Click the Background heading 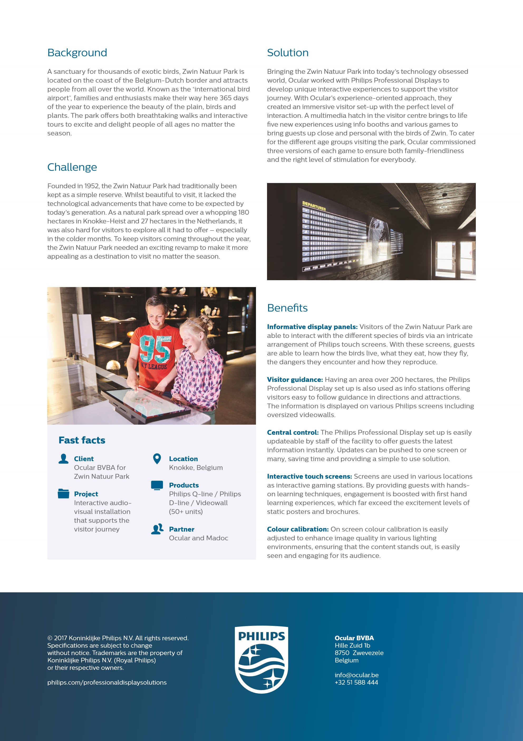click(x=77, y=53)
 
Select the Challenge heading click(x=72, y=167)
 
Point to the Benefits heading click(x=287, y=308)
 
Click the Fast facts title click(x=82, y=440)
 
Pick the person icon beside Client click(x=64, y=459)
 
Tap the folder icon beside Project click(x=64, y=494)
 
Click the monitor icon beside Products click(x=157, y=485)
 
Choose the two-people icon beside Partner click(x=157, y=529)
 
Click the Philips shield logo click(x=261, y=660)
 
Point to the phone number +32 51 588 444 click(x=356, y=682)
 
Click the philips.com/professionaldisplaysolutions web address click(x=107, y=682)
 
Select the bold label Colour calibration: click(x=297, y=529)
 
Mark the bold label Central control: click(x=293, y=433)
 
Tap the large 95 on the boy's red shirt click(x=155, y=349)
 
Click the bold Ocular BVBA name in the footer click(x=354, y=638)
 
